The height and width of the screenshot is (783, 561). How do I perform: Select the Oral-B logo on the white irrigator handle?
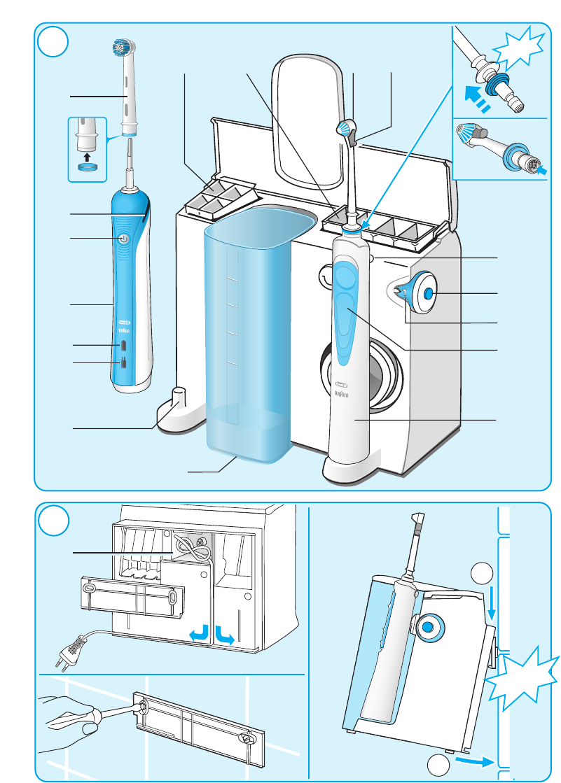tap(344, 384)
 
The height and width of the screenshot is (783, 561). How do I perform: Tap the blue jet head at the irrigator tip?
tap(345, 127)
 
